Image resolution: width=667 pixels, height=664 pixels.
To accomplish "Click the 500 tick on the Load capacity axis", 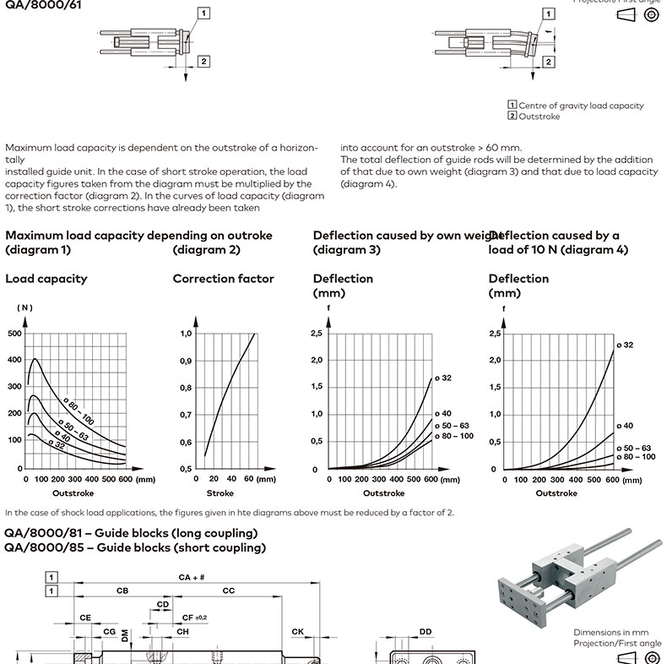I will [x=14, y=333].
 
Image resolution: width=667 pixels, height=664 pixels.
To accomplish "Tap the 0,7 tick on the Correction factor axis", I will [x=186, y=415].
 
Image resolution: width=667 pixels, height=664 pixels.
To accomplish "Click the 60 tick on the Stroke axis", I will [x=249, y=479].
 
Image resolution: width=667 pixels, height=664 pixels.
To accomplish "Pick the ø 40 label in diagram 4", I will [x=625, y=426].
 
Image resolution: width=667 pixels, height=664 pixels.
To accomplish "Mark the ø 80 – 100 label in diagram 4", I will [x=636, y=456].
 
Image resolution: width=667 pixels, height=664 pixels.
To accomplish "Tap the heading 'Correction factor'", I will [x=223, y=278].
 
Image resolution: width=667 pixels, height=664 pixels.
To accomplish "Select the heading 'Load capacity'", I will [x=46, y=278].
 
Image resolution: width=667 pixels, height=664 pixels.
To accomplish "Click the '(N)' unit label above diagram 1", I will [x=24, y=308].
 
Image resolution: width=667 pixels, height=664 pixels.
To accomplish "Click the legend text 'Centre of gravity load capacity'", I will [x=581, y=106].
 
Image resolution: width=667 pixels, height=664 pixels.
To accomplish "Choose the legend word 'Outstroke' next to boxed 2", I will [x=539, y=117].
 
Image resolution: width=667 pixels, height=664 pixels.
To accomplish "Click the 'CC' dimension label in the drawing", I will [x=228, y=591].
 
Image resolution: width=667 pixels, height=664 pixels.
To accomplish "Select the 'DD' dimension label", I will [x=426, y=631].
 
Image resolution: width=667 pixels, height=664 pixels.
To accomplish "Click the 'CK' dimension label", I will [x=298, y=631].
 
